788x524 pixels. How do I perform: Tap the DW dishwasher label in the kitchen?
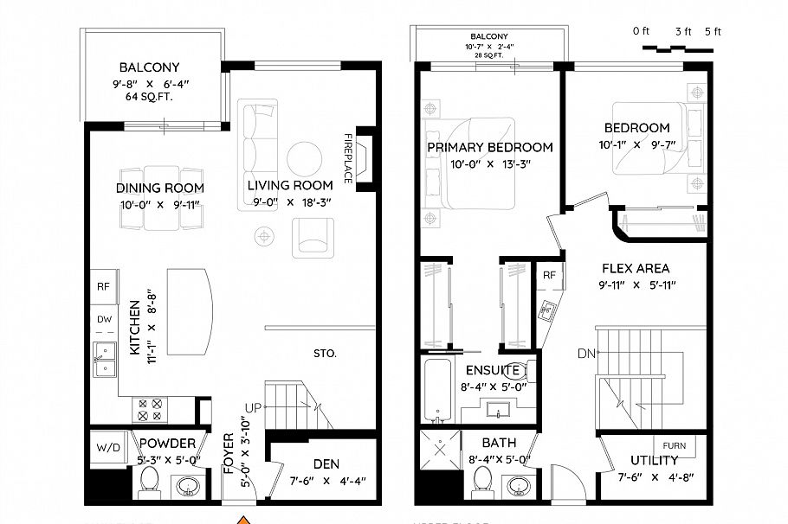point(104,319)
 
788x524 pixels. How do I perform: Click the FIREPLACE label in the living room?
point(349,157)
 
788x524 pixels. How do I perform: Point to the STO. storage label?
point(325,354)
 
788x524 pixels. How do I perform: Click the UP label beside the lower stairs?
point(251,407)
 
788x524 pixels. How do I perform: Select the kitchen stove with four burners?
point(146,409)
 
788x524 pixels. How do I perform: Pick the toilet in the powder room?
point(149,482)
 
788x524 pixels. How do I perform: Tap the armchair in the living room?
point(313,236)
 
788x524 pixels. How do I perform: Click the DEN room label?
point(326,464)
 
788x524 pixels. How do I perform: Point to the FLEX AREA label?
point(636,269)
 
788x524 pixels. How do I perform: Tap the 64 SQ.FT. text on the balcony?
point(149,97)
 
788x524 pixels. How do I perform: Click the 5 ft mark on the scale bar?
point(713,32)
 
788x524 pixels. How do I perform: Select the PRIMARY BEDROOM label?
point(490,147)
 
